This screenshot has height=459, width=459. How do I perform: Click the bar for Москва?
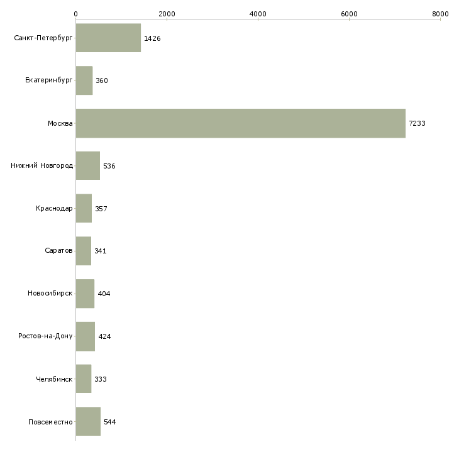tap(240, 123)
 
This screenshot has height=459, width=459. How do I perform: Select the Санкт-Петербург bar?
tap(108, 38)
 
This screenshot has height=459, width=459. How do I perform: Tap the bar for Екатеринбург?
tap(84, 80)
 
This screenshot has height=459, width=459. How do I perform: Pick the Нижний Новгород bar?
tap(87, 166)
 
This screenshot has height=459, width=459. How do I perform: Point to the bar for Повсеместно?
tap(88, 422)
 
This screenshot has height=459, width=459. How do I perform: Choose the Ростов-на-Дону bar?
tap(86, 336)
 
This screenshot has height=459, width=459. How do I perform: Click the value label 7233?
tap(417, 123)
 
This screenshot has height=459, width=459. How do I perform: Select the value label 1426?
tap(152, 38)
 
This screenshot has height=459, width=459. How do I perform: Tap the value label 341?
tap(101, 252)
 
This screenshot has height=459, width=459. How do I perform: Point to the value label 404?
tap(104, 294)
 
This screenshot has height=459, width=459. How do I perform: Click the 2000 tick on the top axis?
tap(167, 13)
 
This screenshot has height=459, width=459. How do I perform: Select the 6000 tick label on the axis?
tap(349, 13)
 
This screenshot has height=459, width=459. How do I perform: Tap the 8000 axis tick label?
tap(440, 13)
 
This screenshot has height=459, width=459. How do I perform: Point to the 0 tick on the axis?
tap(75, 13)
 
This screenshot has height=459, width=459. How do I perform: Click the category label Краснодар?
tap(54, 209)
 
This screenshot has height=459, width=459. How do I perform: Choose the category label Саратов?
tap(58, 251)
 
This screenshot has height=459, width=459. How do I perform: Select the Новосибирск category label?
tap(50, 294)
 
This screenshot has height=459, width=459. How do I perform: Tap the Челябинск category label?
tap(54, 379)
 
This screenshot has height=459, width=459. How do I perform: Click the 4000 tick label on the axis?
tap(258, 13)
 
